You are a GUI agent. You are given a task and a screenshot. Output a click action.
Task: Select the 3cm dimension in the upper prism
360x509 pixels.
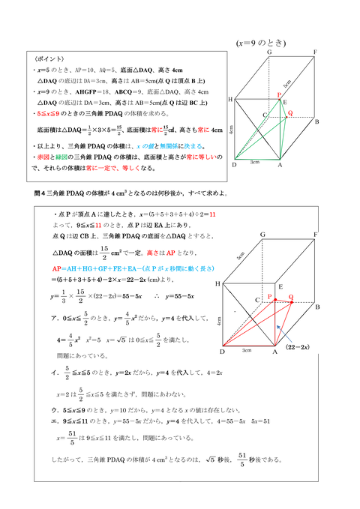point(255,161)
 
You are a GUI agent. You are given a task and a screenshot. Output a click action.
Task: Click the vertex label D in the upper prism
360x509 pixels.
point(233,166)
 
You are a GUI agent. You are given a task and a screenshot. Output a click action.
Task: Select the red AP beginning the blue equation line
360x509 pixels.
point(58,268)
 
